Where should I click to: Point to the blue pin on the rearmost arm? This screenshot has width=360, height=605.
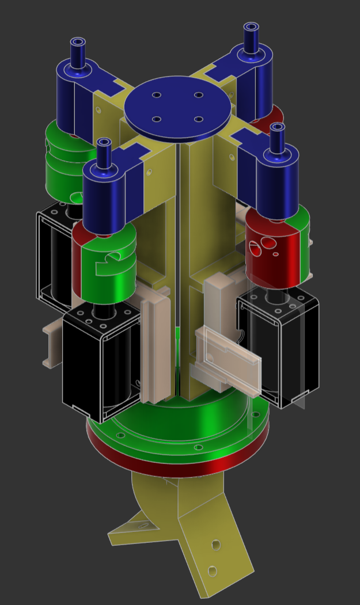click(x=251, y=39)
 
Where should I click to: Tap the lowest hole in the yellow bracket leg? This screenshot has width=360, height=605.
click(x=212, y=570)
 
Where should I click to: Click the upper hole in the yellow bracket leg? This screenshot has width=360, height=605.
click(x=216, y=544)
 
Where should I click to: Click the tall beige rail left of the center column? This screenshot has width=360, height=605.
click(x=154, y=345)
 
